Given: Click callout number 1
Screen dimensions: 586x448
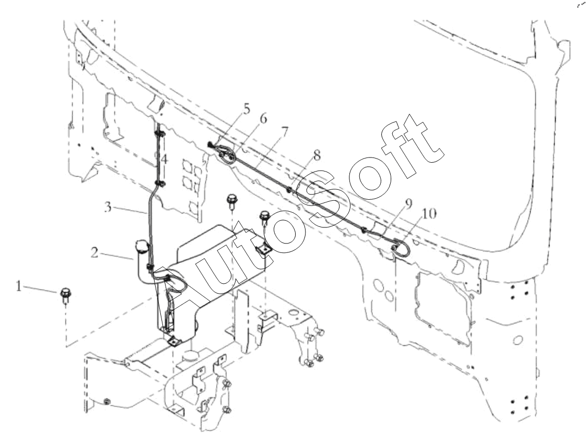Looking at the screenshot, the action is [x=19, y=287].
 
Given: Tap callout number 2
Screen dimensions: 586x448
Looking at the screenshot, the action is [x=95, y=253].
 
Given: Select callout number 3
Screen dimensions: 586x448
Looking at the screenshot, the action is [x=108, y=207].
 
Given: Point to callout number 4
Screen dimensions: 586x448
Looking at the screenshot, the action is [x=164, y=160].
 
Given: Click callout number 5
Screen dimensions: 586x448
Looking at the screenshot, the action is [x=246, y=109].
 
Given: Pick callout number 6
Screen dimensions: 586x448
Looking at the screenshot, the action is [x=263, y=119].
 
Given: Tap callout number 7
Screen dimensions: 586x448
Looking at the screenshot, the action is [x=285, y=131].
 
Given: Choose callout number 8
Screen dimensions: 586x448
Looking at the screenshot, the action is [x=317, y=155].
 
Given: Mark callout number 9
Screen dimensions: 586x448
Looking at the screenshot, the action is [x=408, y=203].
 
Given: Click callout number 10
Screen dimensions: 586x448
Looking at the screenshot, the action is [x=429, y=214].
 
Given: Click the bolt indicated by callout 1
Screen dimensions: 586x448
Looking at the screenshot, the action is [x=65, y=295].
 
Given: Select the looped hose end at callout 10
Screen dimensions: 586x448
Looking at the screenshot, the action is [x=401, y=249].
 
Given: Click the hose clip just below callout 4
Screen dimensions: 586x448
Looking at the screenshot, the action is [x=160, y=183].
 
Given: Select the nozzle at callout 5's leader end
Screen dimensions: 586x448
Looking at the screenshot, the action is [x=211, y=144].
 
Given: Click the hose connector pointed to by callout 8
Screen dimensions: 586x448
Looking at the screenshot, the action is [x=289, y=190].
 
